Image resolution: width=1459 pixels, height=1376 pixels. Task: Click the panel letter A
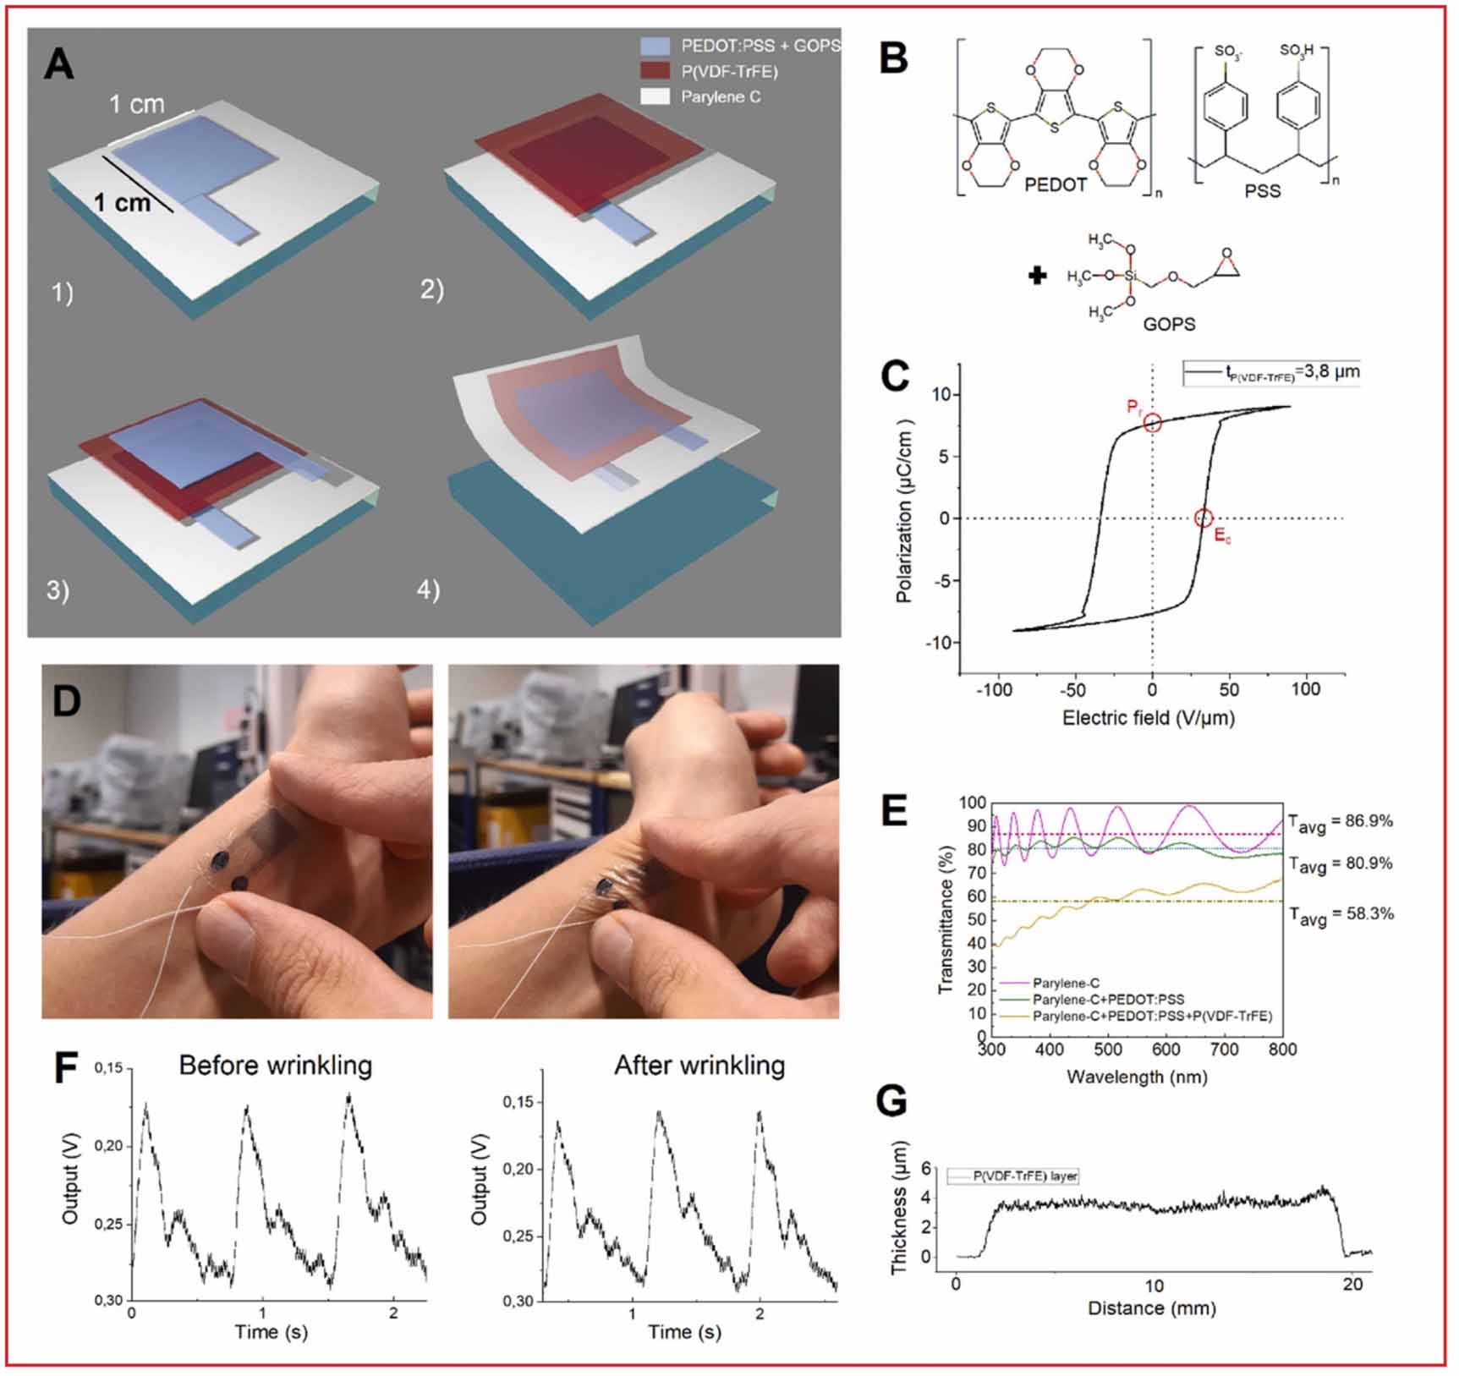click(x=59, y=63)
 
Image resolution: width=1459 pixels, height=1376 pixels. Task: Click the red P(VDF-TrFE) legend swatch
click(x=655, y=71)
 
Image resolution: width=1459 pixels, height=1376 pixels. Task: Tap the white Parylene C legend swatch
click(x=655, y=96)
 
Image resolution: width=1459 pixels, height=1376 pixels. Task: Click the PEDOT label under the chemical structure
click(x=1055, y=184)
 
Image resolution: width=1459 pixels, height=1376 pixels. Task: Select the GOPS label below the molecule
click(x=1169, y=324)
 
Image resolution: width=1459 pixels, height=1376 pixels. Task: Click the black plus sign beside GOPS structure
click(x=1038, y=276)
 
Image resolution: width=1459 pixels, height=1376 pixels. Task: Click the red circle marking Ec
click(x=1204, y=518)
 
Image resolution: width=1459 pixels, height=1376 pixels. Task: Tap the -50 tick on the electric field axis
click(x=1073, y=689)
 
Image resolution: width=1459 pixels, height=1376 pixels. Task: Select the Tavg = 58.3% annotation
click(x=1341, y=915)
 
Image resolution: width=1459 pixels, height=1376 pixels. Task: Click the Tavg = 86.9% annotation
click(x=1341, y=822)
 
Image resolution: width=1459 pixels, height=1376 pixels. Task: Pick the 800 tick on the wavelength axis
click(x=1282, y=1050)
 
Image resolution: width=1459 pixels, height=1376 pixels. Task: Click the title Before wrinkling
click(x=276, y=1065)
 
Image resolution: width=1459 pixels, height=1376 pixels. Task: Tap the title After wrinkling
click(x=699, y=1065)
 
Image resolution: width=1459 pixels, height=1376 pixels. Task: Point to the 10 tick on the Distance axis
click(x=1154, y=1286)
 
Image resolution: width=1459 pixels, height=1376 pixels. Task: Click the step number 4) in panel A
click(x=428, y=589)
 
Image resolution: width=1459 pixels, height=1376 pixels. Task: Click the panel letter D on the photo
click(x=67, y=701)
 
